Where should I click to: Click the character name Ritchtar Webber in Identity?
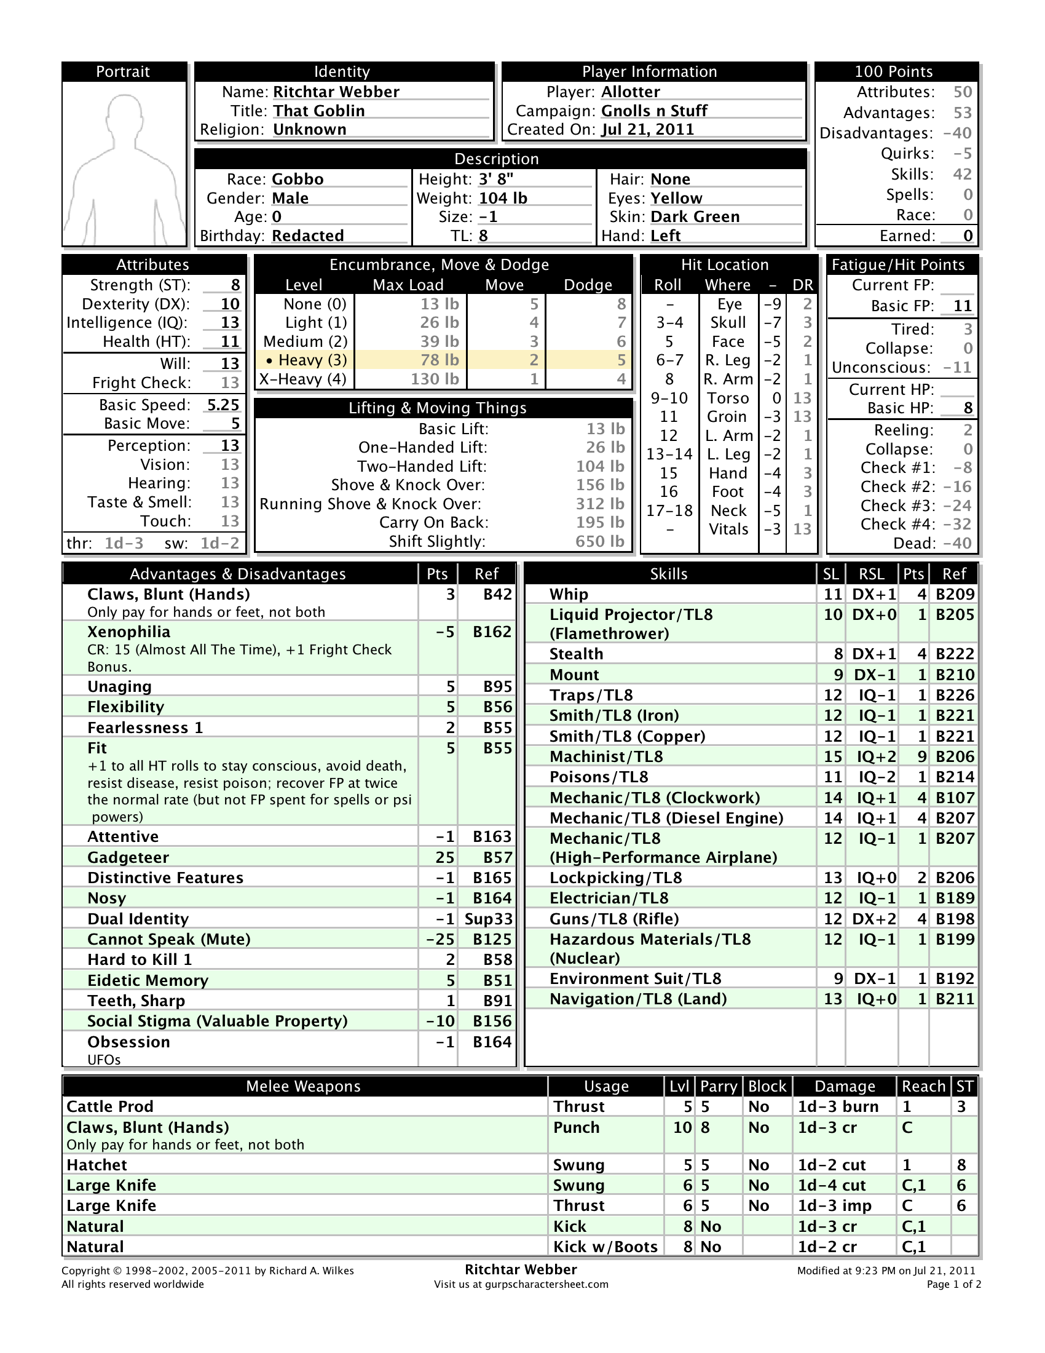pos(336,92)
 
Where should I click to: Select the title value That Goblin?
pos(319,111)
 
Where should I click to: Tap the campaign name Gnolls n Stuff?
pos(654,111)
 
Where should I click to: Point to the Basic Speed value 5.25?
pos(223,405)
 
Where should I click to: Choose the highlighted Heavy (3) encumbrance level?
pos(307,360)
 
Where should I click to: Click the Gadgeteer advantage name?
pos(128,857)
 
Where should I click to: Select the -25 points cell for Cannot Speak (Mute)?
pos(440,939)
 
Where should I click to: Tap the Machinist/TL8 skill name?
pos(605,756)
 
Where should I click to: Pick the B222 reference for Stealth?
pos(955,654)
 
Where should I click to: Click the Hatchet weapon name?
pos(97,1165)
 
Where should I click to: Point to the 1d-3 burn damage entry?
pos(838,1106)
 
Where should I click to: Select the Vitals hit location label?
pos(728,530)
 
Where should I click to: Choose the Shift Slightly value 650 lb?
pos(599,541)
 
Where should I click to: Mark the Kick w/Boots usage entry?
pos(605,1247)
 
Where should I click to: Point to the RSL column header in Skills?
pos(871,574)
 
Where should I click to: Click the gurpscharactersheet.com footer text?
pos(521,1284)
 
